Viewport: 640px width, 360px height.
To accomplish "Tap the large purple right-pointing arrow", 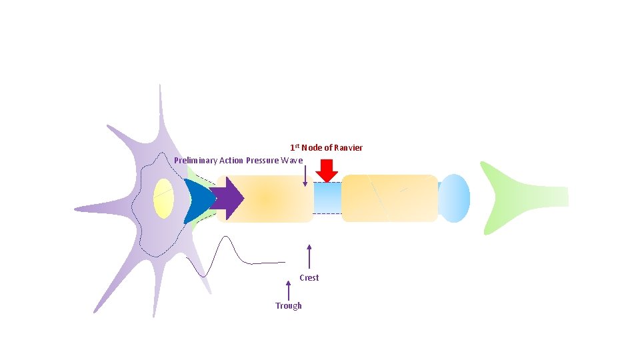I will tap(229, 198).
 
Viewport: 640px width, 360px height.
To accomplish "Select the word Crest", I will tap(309, 278).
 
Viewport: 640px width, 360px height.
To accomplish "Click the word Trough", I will tap(289, 306).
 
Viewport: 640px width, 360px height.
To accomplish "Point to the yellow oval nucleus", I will tap(163, 198).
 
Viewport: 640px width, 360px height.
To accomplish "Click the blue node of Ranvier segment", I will tap(327, 198).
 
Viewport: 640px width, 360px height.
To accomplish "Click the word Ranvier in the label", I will tap(348, 148).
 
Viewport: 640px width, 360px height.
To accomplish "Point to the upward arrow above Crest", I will tap(309, 257).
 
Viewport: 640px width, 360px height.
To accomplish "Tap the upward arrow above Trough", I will tap(289, 290).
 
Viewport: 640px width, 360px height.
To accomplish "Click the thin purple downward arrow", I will tap(305, 175).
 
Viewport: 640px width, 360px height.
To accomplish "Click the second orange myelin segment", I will tap(389, 198).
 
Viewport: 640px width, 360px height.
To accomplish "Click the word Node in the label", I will tap(312, 148).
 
